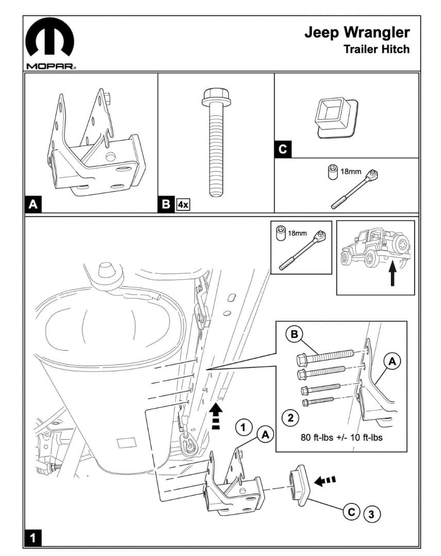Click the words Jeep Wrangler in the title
[x=357, y=32]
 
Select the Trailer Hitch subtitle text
[x=377, y=49]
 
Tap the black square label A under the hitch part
[x=33, y=204]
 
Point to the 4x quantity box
[x=183, y=204]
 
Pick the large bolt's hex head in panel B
[x=213, y=95]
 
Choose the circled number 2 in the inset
[x=291, y=418]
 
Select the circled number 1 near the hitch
[x=243, y=427]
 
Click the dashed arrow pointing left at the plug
[x=325, y=480]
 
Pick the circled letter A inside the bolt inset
[x=392, y=362]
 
